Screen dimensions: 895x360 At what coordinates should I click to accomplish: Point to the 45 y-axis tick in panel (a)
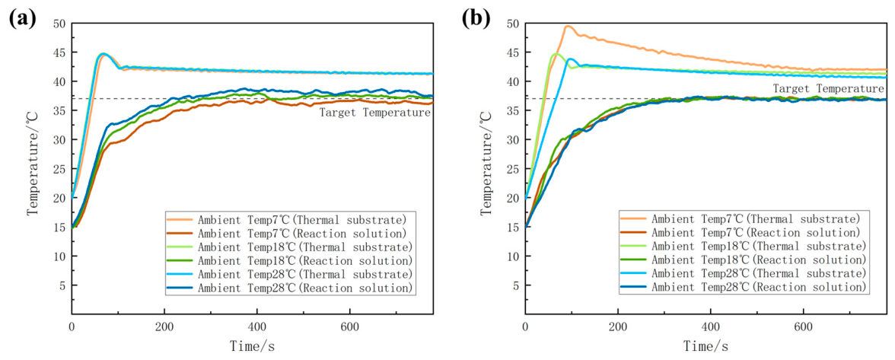pos(60,53)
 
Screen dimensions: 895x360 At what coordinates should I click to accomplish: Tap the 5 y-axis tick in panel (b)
pos(517,285)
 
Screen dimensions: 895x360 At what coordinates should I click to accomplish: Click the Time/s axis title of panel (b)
pos(706,346)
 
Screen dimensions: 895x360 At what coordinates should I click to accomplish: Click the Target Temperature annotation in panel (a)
pos(374,113)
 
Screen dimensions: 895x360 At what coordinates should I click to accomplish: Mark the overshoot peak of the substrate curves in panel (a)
pos(103,54)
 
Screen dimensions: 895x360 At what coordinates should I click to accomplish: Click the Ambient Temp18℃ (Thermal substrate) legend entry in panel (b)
pos(743,247)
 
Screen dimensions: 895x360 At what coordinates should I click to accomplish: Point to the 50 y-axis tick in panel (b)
pos(514,24)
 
